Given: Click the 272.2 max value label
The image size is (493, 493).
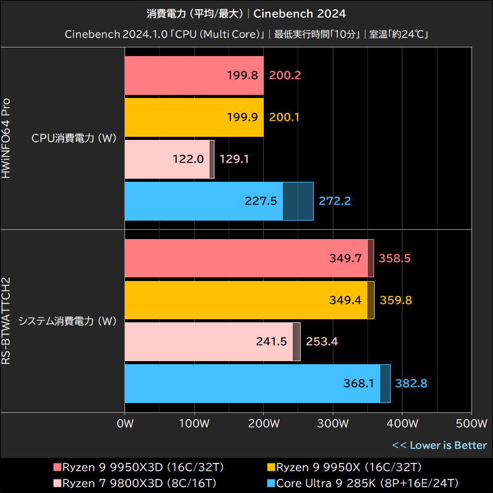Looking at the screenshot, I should (335, 201).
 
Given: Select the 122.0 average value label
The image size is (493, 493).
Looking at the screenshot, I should (189, 159).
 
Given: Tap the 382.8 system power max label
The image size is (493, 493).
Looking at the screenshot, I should (411, 383).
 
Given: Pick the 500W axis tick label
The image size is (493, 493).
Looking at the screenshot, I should (471, 424).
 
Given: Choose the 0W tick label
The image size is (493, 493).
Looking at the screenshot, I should (125, 424).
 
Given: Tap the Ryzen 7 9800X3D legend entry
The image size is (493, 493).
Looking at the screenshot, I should (135, 483).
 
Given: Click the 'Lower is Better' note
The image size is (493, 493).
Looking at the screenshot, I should (439, 445).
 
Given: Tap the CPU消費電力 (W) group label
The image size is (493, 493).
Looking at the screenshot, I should (74, 138).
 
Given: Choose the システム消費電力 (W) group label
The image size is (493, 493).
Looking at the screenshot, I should (67, 321).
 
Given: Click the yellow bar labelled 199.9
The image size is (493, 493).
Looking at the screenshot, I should (194, 117).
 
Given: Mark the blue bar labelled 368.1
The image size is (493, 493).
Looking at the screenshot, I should (253, 383).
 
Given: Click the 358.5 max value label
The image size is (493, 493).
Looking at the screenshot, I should (395, 258).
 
